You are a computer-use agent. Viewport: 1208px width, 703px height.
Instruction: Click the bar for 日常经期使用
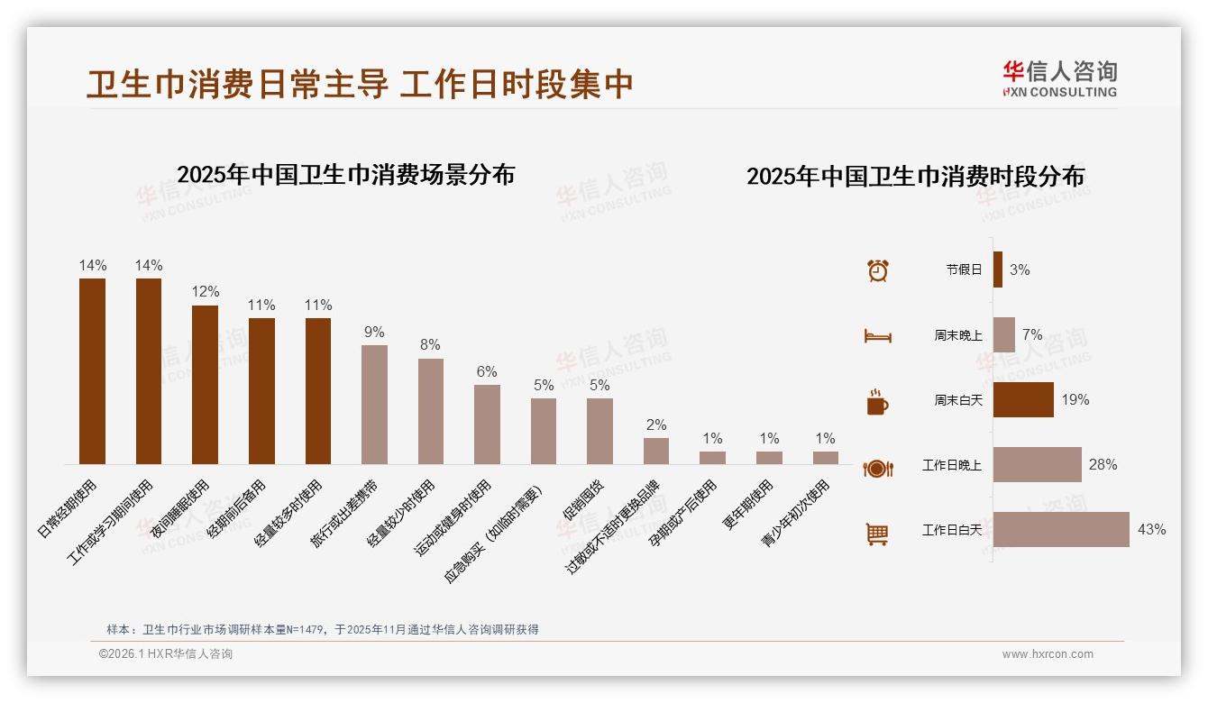[x=92, y=370]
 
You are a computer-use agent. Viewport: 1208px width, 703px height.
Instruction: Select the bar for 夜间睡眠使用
[x=205, y=384]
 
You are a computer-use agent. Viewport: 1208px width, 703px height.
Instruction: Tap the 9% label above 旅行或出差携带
[x=374, y=332]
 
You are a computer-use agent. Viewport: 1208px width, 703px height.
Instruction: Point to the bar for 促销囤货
[x=599, y=431]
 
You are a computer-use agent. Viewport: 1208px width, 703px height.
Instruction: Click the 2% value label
[x=656, y=425]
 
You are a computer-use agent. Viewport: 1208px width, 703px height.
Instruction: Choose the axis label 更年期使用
[x=749, y=505]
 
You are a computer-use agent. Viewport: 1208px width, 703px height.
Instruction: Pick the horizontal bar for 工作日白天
[x=1061, y=530]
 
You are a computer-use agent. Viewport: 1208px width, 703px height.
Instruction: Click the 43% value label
[x=1151, y=530]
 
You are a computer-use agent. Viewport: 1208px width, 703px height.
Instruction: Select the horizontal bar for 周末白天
[x=1023, y=400]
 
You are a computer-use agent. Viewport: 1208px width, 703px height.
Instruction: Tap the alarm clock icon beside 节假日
[x=878, y=270]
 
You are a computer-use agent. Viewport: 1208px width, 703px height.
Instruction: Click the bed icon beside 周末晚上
[x=878, y=335]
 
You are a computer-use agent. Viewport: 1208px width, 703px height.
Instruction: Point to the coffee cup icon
[x=877, y=401]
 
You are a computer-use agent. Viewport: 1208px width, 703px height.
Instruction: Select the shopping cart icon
[x=877, y=534]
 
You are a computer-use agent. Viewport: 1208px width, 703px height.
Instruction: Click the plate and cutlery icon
[x=877, y=468]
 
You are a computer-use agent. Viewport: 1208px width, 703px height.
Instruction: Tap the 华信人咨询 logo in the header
[x=1059, y=78]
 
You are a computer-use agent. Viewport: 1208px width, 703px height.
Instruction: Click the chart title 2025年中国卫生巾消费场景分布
[x=345, y=175]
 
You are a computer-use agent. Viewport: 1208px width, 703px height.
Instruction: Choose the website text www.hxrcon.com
[x=1048, y=654]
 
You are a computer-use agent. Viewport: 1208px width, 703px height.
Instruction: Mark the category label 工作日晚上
[x=951, y=466]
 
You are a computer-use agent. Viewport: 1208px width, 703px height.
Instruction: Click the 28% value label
[x=1103, y=465]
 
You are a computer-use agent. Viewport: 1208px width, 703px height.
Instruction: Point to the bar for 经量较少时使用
[x=431, y=411]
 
